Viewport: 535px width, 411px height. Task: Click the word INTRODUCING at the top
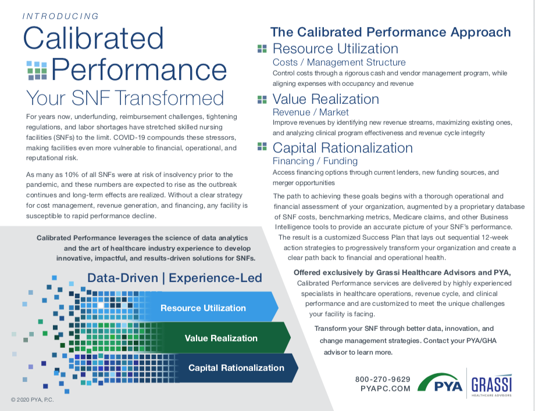(60, 16)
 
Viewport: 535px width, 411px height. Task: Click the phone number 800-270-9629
(383, 379)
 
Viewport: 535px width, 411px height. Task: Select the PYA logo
(440, 383)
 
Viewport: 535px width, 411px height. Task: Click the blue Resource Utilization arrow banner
(204, 308)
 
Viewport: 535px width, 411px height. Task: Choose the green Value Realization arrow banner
(221, 338)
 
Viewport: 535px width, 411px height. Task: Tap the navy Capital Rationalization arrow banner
(236, 367)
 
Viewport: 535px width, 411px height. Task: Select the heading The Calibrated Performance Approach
(390, 33)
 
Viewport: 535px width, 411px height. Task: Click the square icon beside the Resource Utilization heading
(262, 49)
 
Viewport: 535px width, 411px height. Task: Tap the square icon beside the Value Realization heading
(262, 100)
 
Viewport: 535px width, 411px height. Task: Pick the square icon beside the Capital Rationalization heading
(262, 148)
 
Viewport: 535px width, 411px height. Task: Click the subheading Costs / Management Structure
(339, 62)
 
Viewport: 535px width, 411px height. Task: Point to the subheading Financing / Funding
(315, 161)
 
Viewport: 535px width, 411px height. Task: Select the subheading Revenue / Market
(311, 112)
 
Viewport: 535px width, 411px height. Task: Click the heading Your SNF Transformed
(126, 98)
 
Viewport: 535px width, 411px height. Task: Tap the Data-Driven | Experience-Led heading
(174, 278)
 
